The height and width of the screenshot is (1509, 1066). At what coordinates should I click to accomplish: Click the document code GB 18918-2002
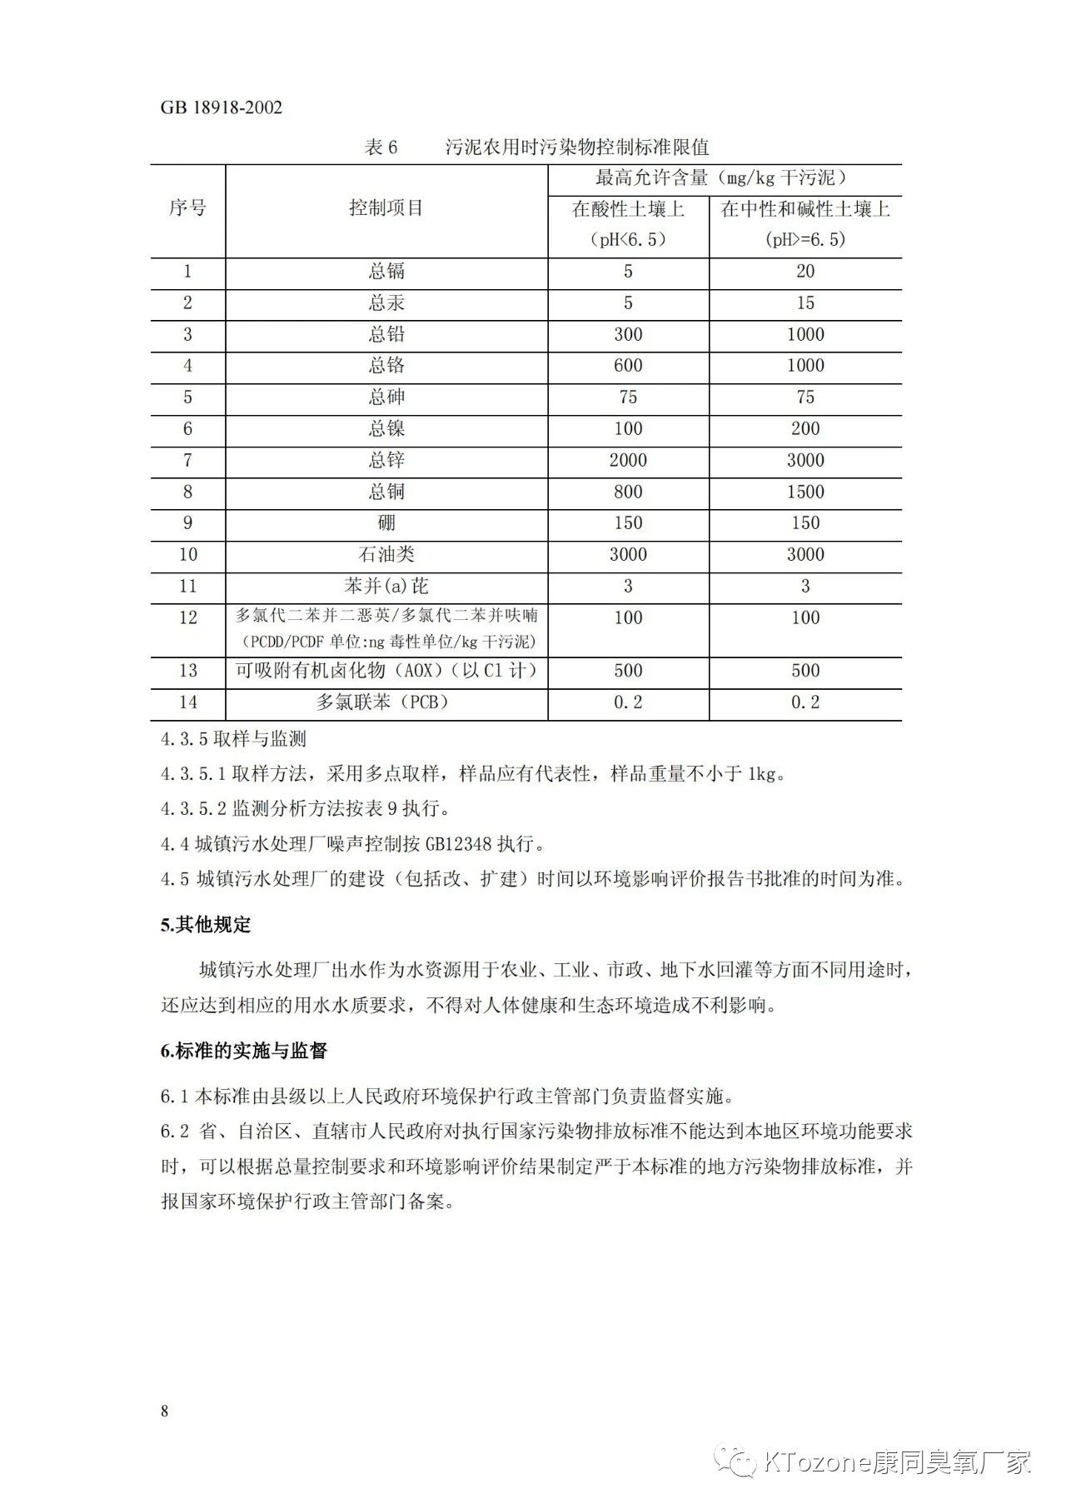tap(221, 107)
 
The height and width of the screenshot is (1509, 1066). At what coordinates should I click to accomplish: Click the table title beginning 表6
tap(536, 147)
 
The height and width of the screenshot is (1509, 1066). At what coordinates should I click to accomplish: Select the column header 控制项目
tap(386, 207)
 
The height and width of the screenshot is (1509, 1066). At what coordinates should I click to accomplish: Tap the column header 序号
tap(187, 207)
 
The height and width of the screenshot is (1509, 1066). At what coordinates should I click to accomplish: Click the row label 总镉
tap(386, 272)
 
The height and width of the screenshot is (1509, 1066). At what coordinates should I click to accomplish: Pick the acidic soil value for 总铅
tap(628, 334)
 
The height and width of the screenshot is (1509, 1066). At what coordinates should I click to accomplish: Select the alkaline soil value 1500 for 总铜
tap(805, 492)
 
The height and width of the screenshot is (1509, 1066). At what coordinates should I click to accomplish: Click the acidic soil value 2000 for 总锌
tap(628, 460)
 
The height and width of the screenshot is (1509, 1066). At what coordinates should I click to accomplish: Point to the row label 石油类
tap(386, 555)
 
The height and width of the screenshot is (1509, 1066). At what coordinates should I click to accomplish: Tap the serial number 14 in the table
tap(187, 702)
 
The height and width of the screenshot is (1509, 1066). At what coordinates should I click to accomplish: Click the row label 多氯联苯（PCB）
tap(386, 702)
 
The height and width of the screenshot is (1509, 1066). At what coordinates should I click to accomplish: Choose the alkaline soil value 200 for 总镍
tap(805, 428)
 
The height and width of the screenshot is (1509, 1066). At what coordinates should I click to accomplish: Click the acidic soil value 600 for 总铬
tap(628, 366)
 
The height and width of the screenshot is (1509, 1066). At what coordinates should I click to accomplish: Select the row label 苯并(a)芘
tap(386, 587)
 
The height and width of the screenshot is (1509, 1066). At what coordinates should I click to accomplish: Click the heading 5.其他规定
tap(206, 925)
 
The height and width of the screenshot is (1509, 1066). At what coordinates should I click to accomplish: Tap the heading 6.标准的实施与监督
tap(243, 1051)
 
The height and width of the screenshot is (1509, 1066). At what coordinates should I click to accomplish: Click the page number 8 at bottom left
tap(165, 1411)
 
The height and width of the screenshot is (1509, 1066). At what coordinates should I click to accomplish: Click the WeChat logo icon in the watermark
tap(738, 1462)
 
